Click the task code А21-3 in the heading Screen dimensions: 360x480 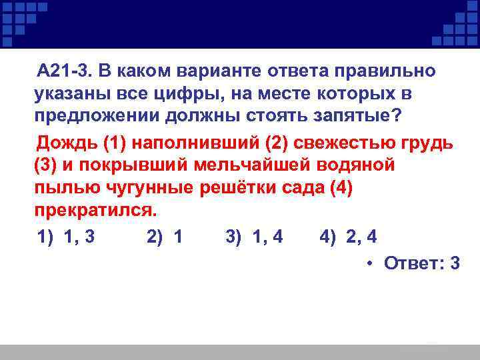64,70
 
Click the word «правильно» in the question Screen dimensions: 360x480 380,70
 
